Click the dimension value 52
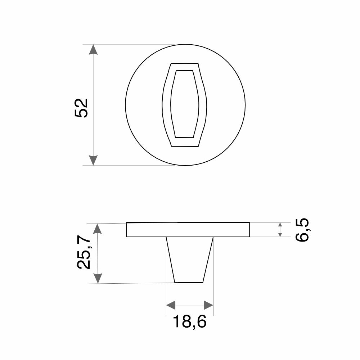coord(81,108)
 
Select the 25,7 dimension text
coord(84,252)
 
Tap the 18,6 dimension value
coord(190,321)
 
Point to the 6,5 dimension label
coord(302,230)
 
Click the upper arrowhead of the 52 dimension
coord(93,49)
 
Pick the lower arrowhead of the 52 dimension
coord(93,160)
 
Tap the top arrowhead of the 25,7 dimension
coord(98,229)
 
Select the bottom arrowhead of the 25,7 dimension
coord(98,278)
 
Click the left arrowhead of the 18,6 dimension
coord(171,305)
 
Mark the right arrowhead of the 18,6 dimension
coord(208,305)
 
